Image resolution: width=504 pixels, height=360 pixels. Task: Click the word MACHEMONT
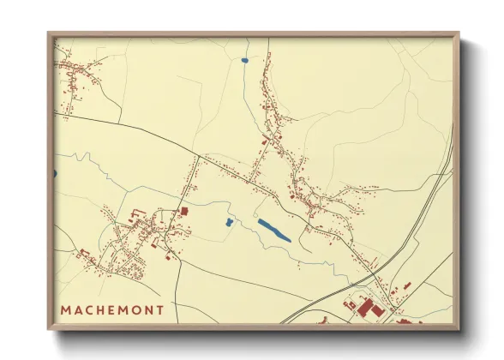[x=112, y=308]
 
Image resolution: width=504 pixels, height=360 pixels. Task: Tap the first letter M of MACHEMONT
[x=66, y=308]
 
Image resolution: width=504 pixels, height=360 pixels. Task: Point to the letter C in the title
[x=90, y=308]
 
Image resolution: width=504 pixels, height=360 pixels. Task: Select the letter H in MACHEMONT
[x=102, y=308]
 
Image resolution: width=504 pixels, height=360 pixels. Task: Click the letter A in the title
[x=78, y=308]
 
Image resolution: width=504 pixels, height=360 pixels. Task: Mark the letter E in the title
[x=113, y=308]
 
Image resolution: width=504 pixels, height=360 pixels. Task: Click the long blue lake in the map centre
[x=274, y=230]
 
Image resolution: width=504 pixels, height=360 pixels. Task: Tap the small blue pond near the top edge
[x=244, y=61]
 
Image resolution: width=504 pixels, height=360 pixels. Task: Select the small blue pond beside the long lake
[x=229, y=223]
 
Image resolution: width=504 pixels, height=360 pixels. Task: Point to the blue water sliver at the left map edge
[x=55, y=174]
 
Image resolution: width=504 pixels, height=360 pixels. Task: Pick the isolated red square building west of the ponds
[x=183, y=211]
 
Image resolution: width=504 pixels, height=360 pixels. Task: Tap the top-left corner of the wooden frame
[x=49, y=34]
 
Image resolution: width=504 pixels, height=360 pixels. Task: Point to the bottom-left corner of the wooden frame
[x=49, y=328]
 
